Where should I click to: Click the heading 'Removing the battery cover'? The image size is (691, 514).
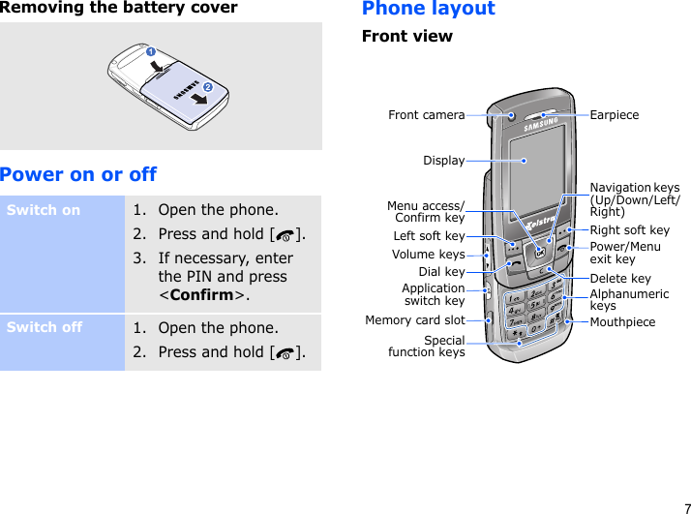pyautogui.click(x=119, y=9)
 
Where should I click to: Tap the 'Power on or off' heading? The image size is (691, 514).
pyautogui.click(x=78, y=174)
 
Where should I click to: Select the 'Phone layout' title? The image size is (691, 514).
pyautogui.click(x=428, y=10)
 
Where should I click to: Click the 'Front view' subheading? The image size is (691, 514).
pyautogui.click(x=406, y=37)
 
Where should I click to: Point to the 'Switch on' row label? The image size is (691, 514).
pyautogui.click(x=44, y=210)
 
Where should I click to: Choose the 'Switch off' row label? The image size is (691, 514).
pyautogui.click(x=45, y=327)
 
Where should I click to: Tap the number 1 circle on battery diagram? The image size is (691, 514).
pyautogui.click(x=150, y=50)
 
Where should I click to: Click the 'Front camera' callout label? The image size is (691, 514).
pyautogui.click(x=426, y=115)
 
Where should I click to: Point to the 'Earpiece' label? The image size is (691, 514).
pyautogui.click(x=615, y=115)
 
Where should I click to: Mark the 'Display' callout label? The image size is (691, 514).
pyautogui.click(x=443, y=161)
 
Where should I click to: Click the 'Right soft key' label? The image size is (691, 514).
pyautogui.click(x=629, y=230)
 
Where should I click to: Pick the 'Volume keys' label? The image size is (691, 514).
pyautogui.click(x=428, y=255)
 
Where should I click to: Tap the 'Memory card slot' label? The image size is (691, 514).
pyautogui.click(x=414, y=319)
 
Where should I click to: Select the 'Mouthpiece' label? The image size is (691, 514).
pyautogui.click(x=622, y=321)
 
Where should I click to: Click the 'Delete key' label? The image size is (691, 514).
pyautogui.click(x=620, y=279)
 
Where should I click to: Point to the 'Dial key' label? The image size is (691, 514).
pyautogui.click(x=441, y=272)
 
